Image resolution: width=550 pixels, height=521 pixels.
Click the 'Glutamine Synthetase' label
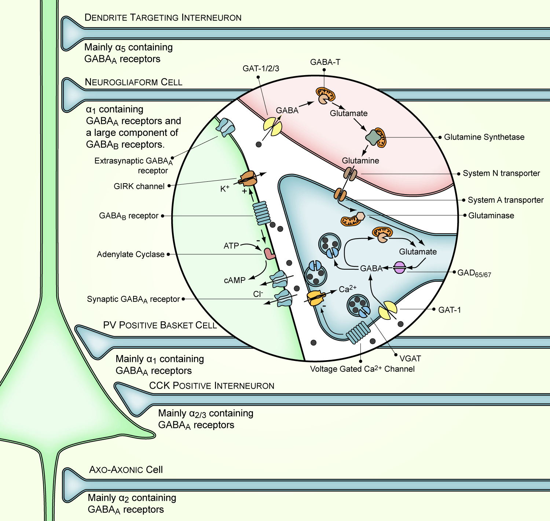(484, 137)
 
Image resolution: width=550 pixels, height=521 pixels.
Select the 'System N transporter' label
(501, 173)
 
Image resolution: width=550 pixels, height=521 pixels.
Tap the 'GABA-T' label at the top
(325, 62)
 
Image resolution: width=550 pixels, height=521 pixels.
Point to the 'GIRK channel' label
(139, 186)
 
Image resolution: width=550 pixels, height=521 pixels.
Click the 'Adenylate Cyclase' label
(131, 254)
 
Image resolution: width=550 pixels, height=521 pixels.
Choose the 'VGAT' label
(410, 358)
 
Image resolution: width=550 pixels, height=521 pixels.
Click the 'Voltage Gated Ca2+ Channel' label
(362, 369)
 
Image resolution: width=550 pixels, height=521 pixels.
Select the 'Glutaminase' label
(491, 215)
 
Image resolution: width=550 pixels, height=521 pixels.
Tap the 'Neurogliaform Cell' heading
(133, 82)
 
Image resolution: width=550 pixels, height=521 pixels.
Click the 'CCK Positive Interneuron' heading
(212, 386)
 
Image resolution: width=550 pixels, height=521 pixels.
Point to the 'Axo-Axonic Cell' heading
(126, 470)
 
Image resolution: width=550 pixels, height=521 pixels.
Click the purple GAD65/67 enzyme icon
(399, 267)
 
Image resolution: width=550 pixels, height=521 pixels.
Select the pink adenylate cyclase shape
(269, 254)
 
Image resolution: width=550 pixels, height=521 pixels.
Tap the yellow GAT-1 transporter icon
(388, 310)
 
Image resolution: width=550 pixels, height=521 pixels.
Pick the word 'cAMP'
(235, 280)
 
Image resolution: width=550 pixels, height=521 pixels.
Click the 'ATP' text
(231, 246)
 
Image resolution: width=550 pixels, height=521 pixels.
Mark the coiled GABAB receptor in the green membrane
(262, 213)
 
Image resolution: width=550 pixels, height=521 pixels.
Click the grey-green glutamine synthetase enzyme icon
(373, 137)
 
